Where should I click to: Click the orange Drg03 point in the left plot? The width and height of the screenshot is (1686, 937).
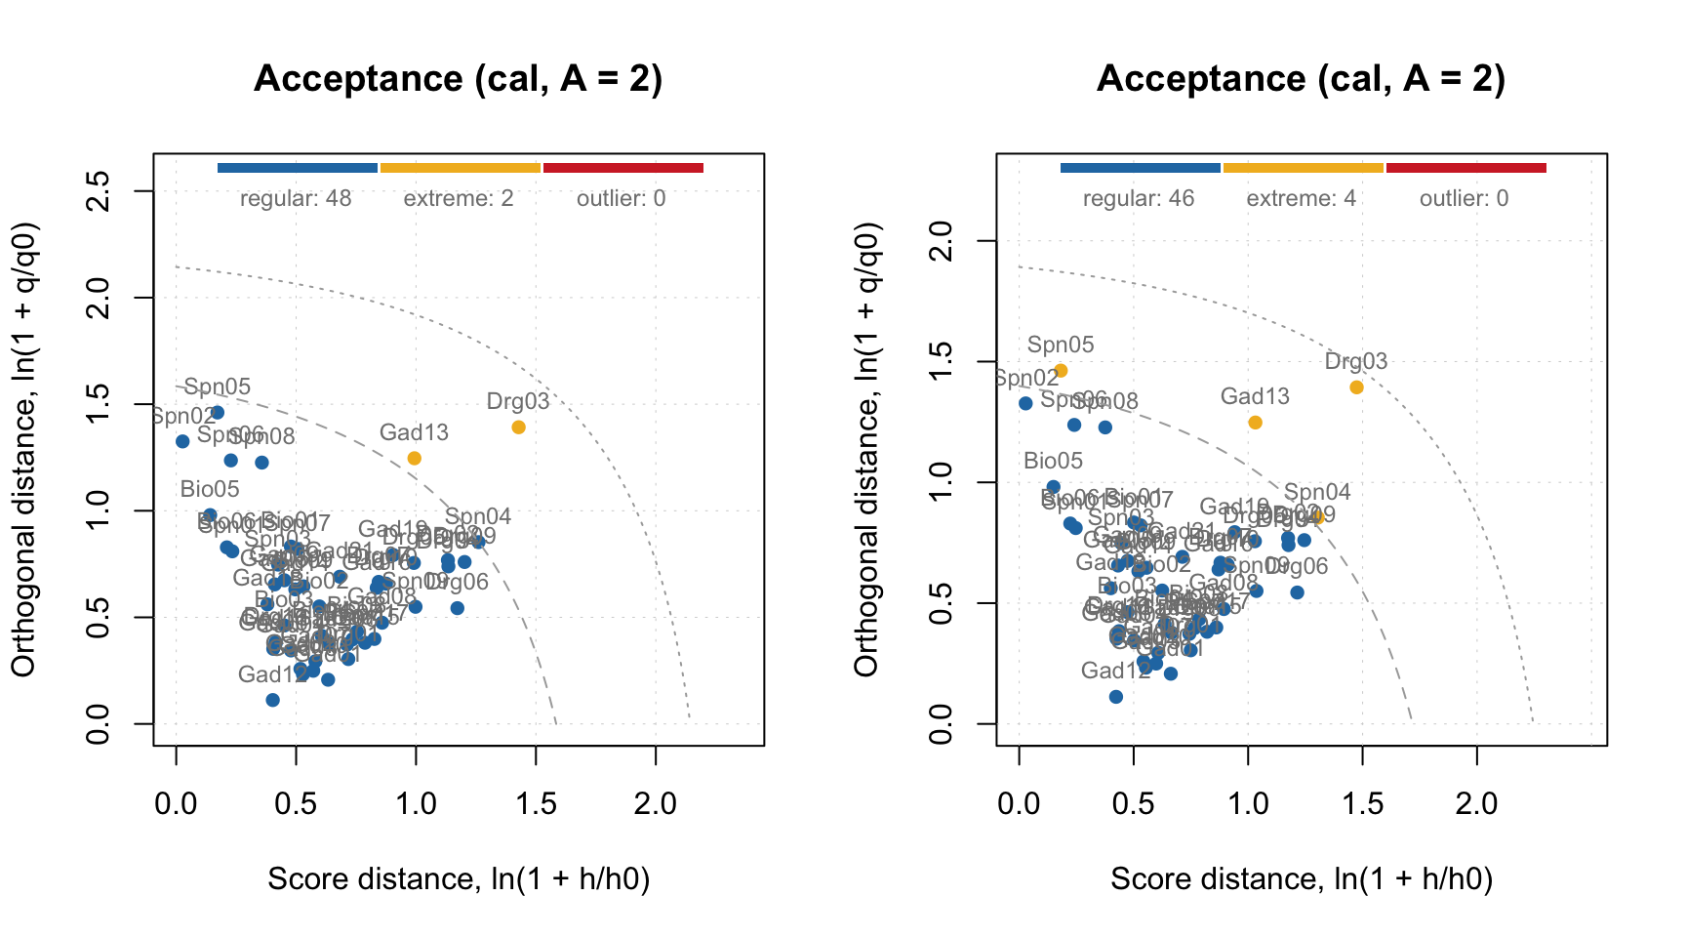518,428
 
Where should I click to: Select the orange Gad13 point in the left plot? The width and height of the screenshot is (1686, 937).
414,458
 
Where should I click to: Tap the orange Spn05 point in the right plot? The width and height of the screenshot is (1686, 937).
1061,371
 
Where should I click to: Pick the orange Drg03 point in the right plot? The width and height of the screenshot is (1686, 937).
1356,387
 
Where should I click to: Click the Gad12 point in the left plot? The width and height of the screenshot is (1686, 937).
273,700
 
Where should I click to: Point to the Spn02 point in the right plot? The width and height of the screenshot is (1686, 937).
1025,403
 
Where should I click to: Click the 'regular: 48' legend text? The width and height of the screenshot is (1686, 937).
296,199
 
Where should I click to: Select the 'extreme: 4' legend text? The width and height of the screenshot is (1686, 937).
1302,199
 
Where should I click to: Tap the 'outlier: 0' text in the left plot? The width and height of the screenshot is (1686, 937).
622,199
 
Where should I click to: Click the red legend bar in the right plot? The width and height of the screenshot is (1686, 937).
1466,168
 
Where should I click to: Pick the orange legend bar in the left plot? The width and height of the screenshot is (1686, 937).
460,168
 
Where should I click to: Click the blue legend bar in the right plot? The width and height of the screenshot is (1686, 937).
1140,168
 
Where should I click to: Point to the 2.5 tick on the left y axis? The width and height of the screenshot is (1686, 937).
97,191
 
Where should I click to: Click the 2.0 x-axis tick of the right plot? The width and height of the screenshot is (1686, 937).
1477,804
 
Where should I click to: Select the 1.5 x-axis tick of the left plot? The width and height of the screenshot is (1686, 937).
536,804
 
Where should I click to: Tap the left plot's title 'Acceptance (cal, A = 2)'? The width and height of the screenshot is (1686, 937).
458,79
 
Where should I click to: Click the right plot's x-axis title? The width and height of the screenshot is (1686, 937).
1302,879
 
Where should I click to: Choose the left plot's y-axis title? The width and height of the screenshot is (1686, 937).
23,449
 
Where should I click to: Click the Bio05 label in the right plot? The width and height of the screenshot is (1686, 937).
1054,461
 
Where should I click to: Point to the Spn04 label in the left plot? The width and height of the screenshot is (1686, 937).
478,516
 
